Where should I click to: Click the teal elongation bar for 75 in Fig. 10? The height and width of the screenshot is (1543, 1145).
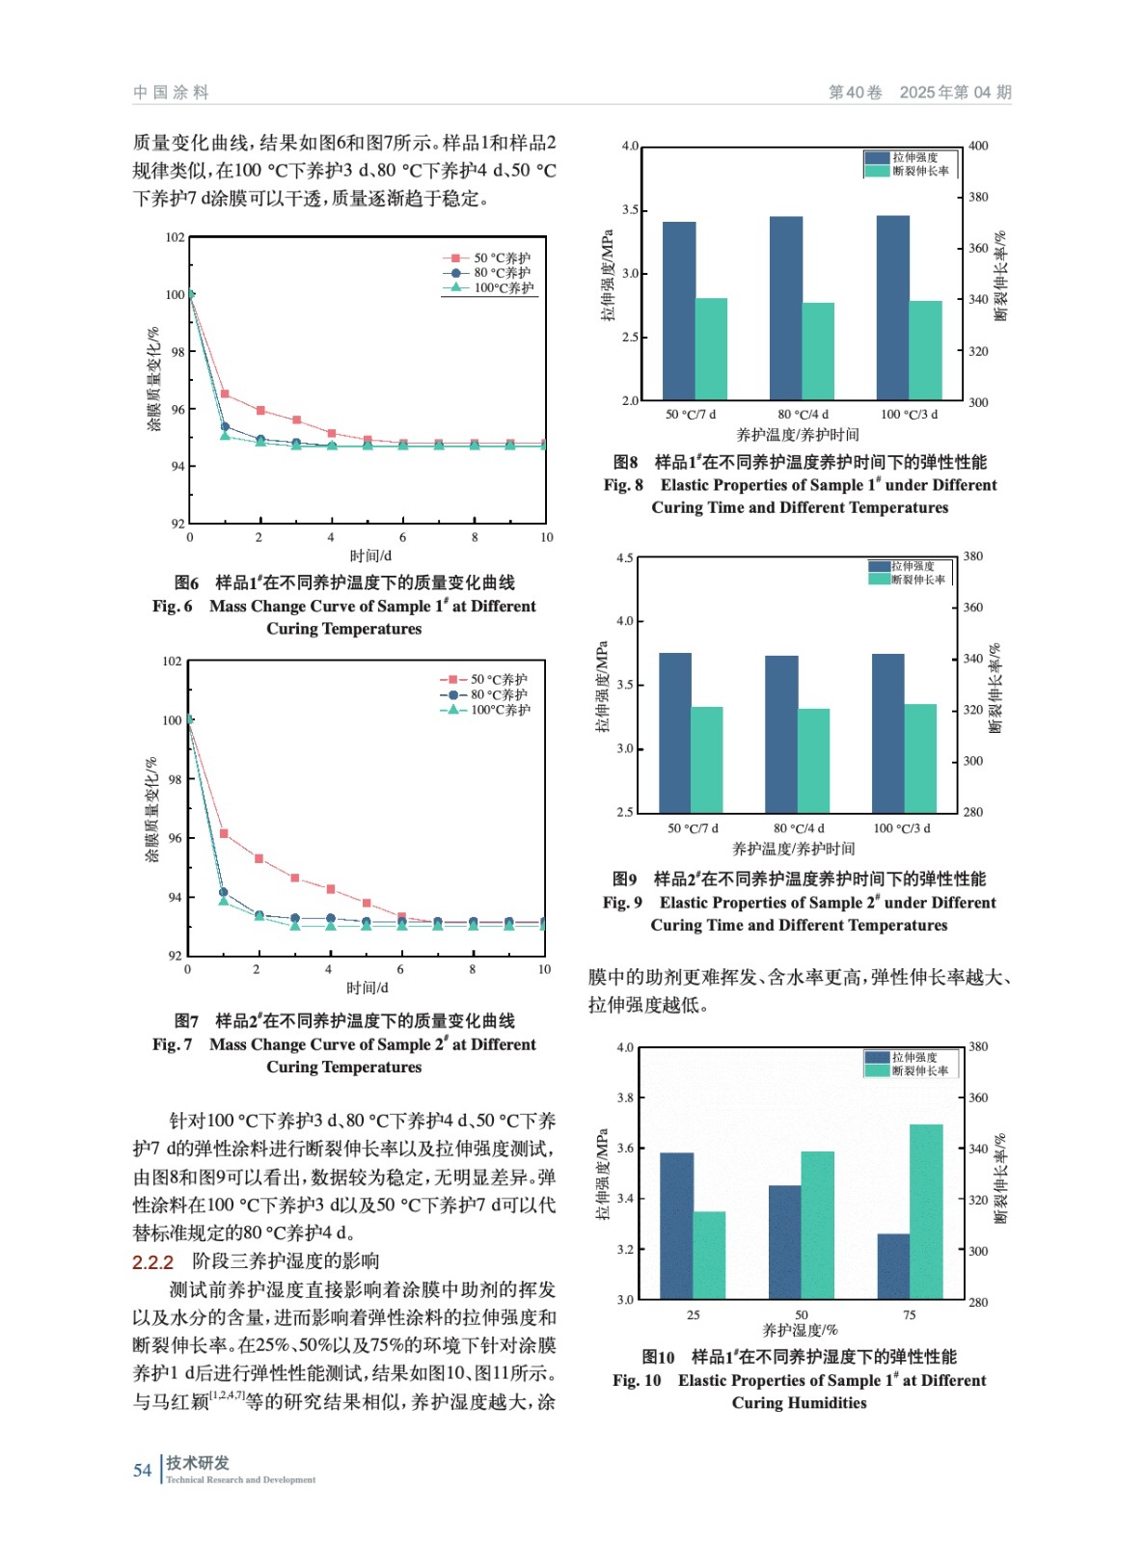[x=926, y=1211]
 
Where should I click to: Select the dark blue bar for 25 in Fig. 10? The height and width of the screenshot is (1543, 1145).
[x=676, y=1225]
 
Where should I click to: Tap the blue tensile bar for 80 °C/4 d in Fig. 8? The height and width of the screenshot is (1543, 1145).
[x=785, y=308]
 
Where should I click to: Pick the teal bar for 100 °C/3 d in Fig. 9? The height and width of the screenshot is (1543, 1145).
[x=920, y=758]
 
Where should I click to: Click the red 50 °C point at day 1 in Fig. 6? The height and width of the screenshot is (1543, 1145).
[x=225, y=393]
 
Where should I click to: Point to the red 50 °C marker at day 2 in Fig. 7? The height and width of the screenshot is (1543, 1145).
[x=259, y=858]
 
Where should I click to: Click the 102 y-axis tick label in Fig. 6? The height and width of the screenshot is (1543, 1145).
[x=175, y=237]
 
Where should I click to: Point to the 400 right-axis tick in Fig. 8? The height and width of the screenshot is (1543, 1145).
[x=978, y=146]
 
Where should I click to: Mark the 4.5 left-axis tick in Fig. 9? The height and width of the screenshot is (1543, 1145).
[x=625, y=557]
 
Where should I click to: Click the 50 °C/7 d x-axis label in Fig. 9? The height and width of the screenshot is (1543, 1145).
[x=693, y=827]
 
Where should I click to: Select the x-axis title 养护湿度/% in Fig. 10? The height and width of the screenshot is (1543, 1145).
[x=800, y=1330]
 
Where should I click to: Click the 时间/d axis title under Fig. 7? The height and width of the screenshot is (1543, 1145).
[x=368, y=988]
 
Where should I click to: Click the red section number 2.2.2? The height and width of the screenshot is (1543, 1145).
[x=152, y=1261]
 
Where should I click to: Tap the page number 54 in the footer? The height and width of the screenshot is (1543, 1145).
[x=143, y=1470]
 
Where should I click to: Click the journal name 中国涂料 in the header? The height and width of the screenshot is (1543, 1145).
[x=171, y=93]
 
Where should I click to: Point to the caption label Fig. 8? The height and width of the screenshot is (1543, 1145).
[x=623, y=485]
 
